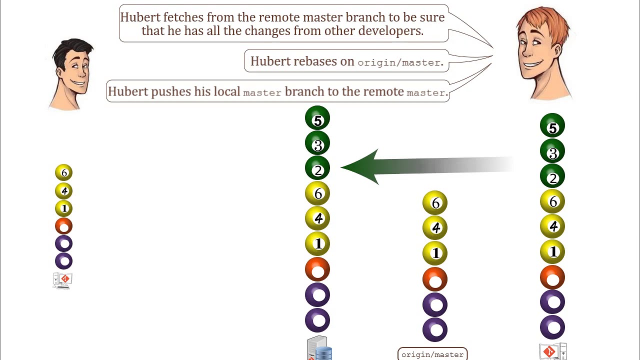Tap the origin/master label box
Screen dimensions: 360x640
[432, 354]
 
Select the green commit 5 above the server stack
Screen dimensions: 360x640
[317, 119]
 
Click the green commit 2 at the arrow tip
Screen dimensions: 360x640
[317, 169]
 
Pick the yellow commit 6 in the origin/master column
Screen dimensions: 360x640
[435, 203]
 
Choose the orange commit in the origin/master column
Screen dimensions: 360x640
[435, 279]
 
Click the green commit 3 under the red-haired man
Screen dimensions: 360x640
[552, 152]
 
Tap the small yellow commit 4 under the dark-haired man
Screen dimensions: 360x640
[64, 191]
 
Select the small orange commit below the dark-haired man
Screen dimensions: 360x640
[64, 226]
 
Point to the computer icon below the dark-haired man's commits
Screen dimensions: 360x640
[63, 280]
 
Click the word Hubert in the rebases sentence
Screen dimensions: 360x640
[270, 61]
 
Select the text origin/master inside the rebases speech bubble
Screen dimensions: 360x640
[398, 62]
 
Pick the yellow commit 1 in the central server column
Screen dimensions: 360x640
[317, 244]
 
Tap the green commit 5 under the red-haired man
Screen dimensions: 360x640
[552, 127]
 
